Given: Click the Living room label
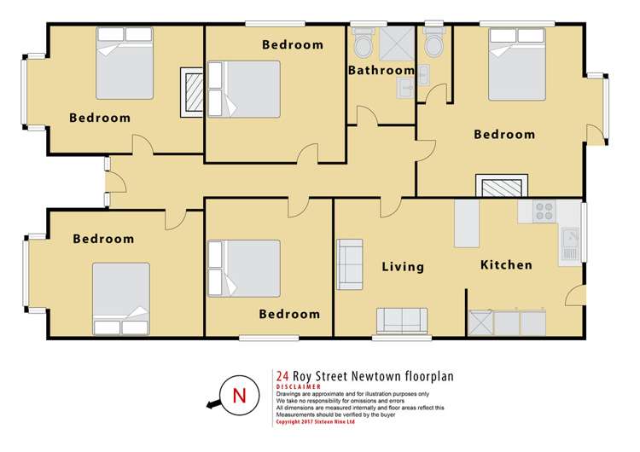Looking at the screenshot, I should tap(403, 267).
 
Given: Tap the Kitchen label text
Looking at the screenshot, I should tap(506, 265).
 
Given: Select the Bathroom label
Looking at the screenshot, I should tap(381, 71).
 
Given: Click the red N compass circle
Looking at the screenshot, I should tap(239, 396).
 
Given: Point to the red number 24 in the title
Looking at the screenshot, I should tap(282, 374).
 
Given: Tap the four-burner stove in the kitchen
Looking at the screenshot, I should tap(544, 212).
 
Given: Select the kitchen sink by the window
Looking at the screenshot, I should tap(569, 244).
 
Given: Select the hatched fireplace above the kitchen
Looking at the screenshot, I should tap(501, 188).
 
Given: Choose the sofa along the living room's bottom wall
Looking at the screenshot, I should tap(401, 321).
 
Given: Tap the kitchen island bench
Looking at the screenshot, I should tap(467, 224).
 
